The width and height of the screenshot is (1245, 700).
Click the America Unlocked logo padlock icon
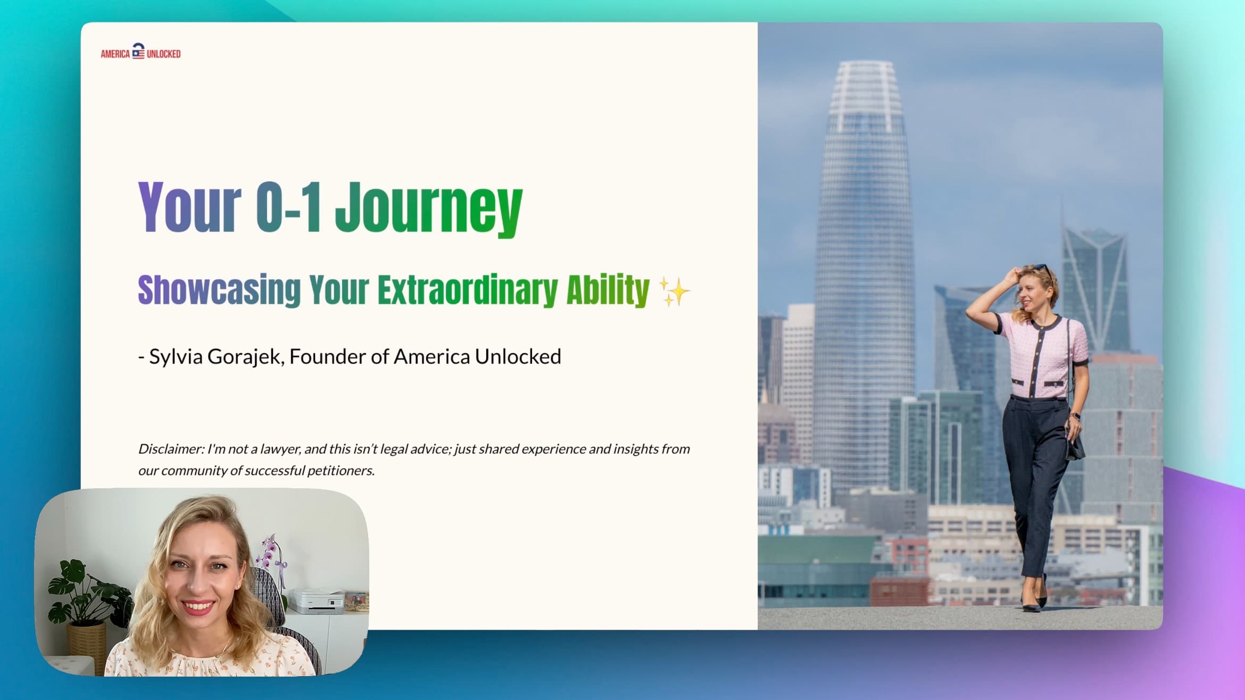click(x=138, y=51)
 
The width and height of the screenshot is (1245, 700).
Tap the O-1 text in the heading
click(x=288, y=207)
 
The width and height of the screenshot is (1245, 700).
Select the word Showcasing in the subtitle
click(x=219, y=290)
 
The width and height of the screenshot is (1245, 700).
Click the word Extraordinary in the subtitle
click(x=468, y=290)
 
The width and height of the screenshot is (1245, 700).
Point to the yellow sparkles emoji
click(x=674, y=291)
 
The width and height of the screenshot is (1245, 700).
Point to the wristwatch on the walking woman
click(x=1075, y=416)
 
